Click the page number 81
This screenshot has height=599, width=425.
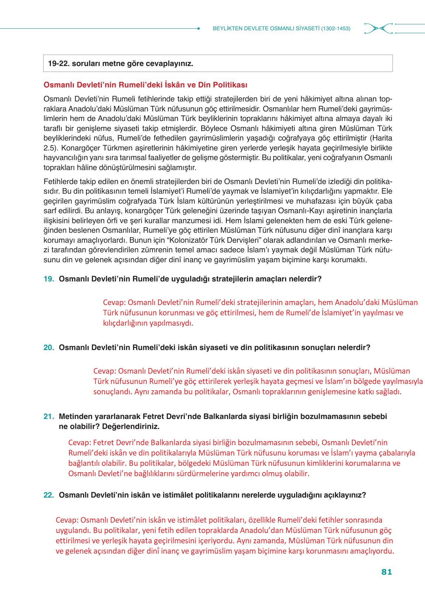click(x=386, y=572)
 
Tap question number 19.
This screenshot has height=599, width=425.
click(x=49, y=279)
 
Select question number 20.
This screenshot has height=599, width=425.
click(x=49, y=348)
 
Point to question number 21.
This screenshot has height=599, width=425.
click(x=49, y=417)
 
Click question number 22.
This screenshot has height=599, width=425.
click(x=49, y=495)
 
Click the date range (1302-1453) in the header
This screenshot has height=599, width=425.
click(x=336, y=28)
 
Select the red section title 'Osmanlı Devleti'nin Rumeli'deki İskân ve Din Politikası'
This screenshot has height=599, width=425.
click(x=145, y=85)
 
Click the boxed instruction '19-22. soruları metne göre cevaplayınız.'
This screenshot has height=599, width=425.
click(x=121, y=63)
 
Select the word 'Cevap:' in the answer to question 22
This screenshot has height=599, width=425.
click(x=67, y=520)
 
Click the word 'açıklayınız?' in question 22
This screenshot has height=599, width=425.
click(x=345, y=495)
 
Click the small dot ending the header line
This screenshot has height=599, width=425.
click(x=199, y=28)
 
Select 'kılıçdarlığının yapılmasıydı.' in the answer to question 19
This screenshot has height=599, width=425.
click(x=148, y=323)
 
